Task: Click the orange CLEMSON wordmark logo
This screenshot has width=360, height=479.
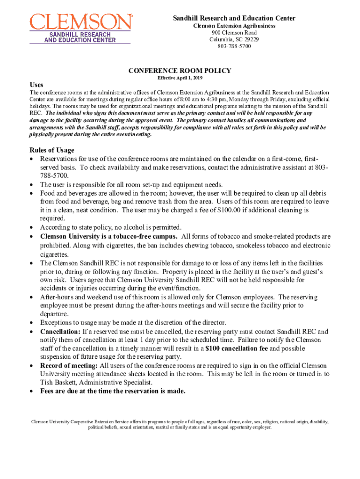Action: coord(80,22)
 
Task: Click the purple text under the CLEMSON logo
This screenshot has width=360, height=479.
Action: coord(80,37)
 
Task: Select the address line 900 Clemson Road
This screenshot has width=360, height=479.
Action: coord(234,33)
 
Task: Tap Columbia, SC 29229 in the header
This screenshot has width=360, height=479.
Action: coord(234,39)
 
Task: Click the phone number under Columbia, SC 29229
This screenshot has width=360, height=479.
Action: coord(234,46)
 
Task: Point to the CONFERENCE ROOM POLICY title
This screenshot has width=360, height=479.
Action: coord(180,71)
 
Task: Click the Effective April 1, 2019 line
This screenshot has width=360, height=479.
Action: coord(180,78)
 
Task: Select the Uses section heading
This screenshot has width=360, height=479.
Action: coord(36,85)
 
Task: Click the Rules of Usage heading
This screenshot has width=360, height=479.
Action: coord(51,150)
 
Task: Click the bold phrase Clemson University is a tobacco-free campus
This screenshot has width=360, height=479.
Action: coord(108,236)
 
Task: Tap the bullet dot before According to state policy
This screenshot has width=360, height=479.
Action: coord(31,227)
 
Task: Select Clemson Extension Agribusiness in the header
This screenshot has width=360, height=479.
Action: coord(234,26)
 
